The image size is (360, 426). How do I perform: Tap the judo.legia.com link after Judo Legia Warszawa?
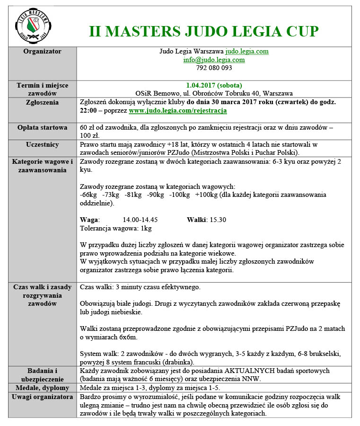pos(247,51)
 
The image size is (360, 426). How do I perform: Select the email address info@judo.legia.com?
pos(214,60)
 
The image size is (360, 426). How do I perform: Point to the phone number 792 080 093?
pos(214,68)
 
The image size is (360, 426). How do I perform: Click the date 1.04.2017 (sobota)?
pos(214,85)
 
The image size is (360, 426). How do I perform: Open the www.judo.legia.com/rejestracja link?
pos(178,110)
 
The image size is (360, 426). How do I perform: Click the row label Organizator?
pos(43,51)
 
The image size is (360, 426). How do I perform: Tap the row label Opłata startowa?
pos(43,128)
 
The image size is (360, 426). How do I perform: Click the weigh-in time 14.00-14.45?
pos(140,220)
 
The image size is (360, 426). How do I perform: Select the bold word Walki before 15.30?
pos(196,220)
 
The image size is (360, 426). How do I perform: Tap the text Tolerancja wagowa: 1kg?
pos(116,228)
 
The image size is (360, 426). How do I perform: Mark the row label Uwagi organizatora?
pos(43,396)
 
